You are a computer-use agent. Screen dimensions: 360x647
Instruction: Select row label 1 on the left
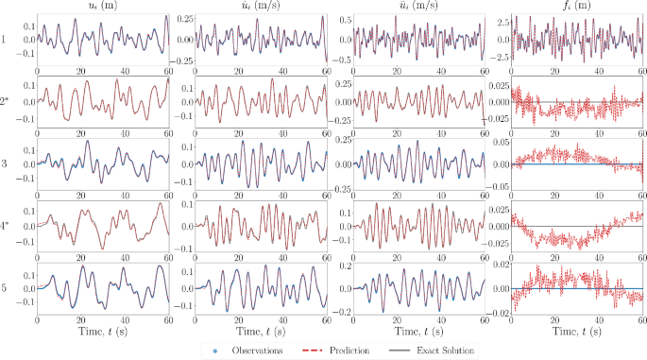6,40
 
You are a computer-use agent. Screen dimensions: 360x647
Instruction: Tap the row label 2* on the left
8,101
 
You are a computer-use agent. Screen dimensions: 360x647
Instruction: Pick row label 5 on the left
6,287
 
